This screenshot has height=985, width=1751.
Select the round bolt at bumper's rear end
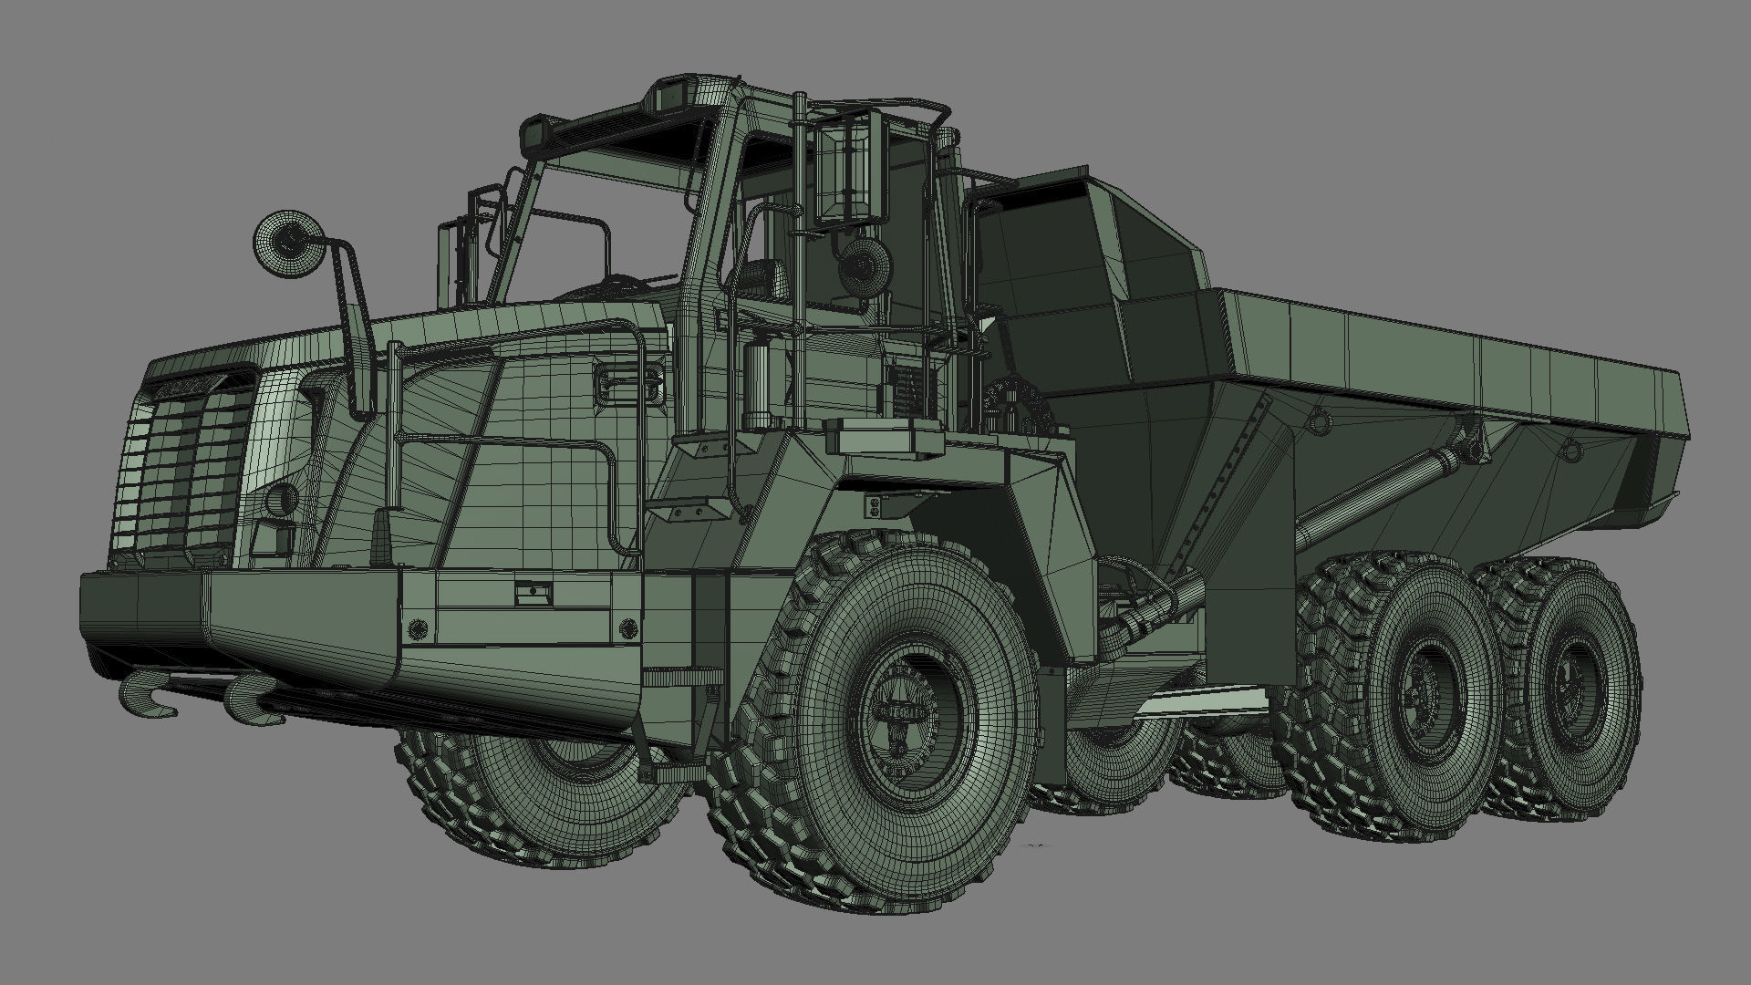tap(627, 627)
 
